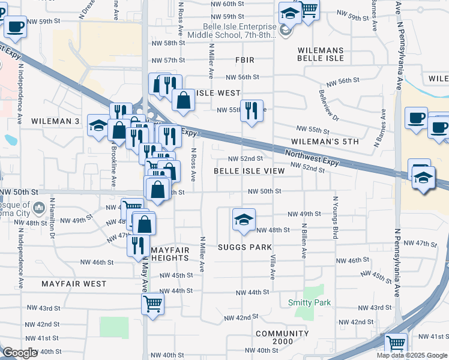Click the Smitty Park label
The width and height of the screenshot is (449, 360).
click(x=309, y=303)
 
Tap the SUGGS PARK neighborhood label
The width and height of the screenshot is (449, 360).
click(x=245, y=247)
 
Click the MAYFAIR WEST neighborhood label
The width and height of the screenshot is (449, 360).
click(x=74, y=283)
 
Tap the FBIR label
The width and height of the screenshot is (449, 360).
click(x=245, y=60)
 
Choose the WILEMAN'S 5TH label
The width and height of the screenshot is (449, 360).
click(x=324, y=142)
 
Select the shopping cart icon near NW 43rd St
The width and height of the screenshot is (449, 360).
click(x=152, y=303)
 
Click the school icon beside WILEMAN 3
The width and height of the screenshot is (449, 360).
click(x=98, y=125)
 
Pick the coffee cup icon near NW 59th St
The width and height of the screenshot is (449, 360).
click(x=15, y=26)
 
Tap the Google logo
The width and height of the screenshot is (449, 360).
click(x=20, y=353)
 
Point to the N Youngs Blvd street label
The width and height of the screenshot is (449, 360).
click(x=335, y=218)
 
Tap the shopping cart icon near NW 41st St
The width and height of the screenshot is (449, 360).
click(x=396, y=344)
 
